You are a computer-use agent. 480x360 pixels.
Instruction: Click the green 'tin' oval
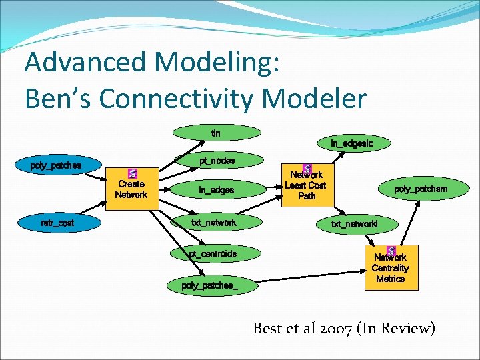pyautogui.click(x=215, y=133)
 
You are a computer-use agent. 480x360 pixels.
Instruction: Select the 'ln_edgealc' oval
pyautogui.click(x=352, y=143)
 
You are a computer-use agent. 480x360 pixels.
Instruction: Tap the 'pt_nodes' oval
pyautogui.click(x=217, y=161)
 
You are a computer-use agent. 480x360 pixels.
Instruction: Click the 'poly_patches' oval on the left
pyautogui.click(x=56, y=165)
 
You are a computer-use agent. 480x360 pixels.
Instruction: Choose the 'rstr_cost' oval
pyautogui.click(x=57, y=223)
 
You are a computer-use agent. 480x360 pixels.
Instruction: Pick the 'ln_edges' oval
pyautogui.click(x=216, y=190)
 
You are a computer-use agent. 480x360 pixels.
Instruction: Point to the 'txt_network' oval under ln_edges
pyautogui.click(x=213, y=222)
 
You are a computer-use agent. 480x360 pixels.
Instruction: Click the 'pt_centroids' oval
pyautogui.click(x=213, y=254)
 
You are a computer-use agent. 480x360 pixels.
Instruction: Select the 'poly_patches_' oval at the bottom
pyautogui.click(x=210, y=285)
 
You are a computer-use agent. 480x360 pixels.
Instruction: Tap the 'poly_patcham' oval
pyautogui.click(x=420, y=189)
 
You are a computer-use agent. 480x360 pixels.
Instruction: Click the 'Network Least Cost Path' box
pyautogui.click(x=307, y=183)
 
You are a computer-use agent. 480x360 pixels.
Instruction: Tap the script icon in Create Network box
pyautogui.click(x=132, y=173)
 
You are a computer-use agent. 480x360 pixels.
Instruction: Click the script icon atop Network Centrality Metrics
pyautogui.click(x=391, y=251)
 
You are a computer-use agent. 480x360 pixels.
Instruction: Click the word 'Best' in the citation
pyautogui.click(x=268, y=328)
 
